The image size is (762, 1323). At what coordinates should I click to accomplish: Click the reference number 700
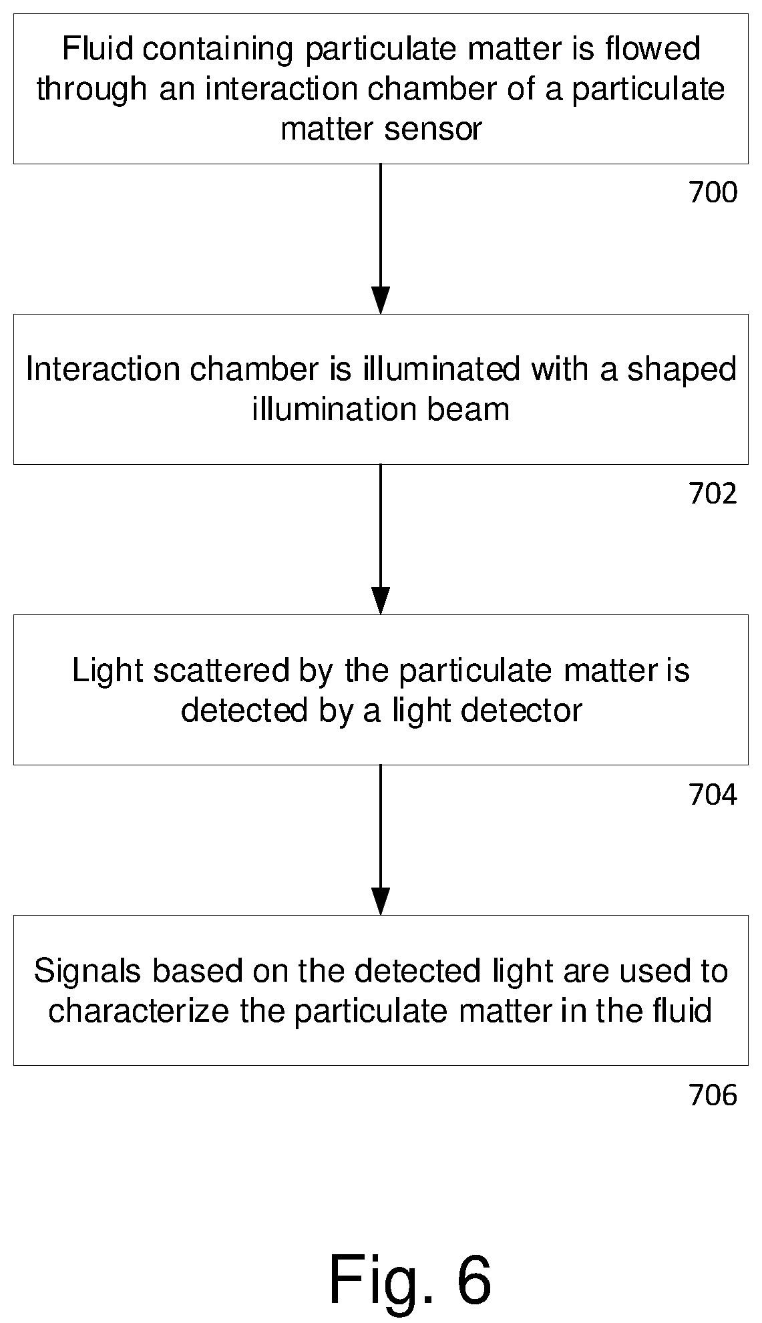coord(713,193)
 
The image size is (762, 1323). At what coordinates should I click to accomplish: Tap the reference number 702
coord(713,494)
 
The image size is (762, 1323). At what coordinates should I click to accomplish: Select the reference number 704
coord(713,795)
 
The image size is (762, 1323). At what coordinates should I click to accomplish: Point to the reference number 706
coord(713,1095)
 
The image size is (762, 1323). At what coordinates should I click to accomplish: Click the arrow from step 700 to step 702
coord(381,239)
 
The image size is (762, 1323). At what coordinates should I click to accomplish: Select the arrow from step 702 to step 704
coord(381,540)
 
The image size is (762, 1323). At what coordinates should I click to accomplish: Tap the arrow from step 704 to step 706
coord(381,840)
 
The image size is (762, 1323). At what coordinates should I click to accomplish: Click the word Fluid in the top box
coord(91,49)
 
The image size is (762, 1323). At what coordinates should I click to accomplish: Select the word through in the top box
coord(91,89)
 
